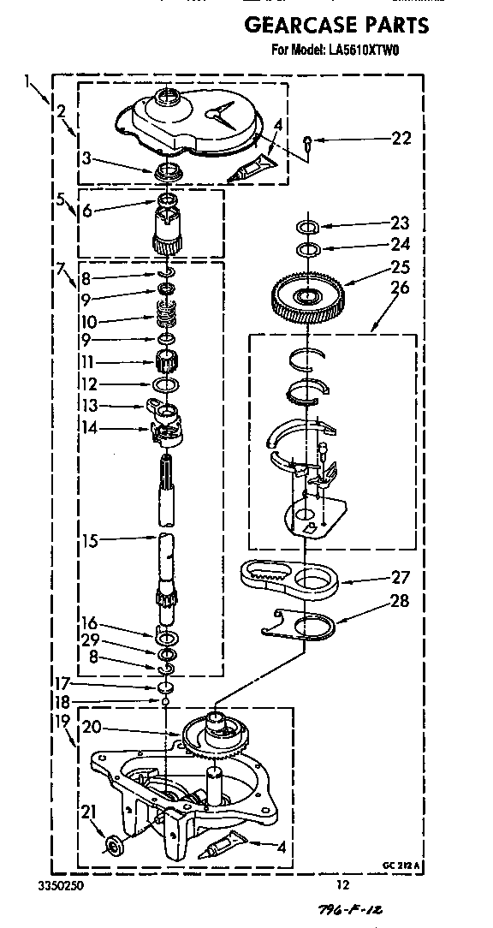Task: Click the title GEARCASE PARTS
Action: (x=336, y=26)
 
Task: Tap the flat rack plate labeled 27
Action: (x=288, y=585)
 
